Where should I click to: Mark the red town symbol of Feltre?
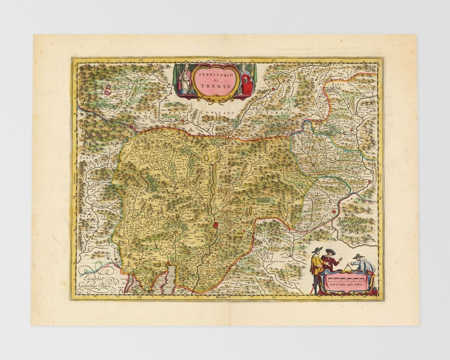333,212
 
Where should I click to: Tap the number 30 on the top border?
273,61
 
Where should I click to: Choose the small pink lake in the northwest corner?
108,90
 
